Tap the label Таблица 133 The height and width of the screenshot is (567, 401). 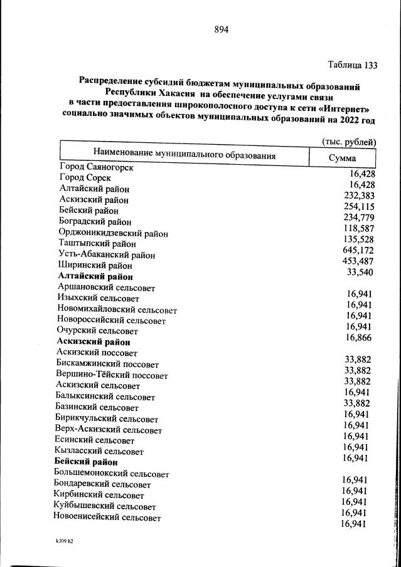pyautogui.click(x=353, y=65)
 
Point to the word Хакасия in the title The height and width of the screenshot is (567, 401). pyautogui.click(x=191, y=93)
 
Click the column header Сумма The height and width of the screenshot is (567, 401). pyautogui.click(x=342, y=158)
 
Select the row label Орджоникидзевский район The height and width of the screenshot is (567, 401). pyautogui.click(x=113, y=233)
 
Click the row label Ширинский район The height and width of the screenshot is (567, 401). pyautogui.click(x=95, y=266)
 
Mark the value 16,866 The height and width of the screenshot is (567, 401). pyautogui.click(x=358, y=338)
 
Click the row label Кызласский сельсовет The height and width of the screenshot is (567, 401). pyautogui.click(x=99, y=451)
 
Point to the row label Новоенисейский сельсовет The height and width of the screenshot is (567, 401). pyautogui.click(x=107, y=518)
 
